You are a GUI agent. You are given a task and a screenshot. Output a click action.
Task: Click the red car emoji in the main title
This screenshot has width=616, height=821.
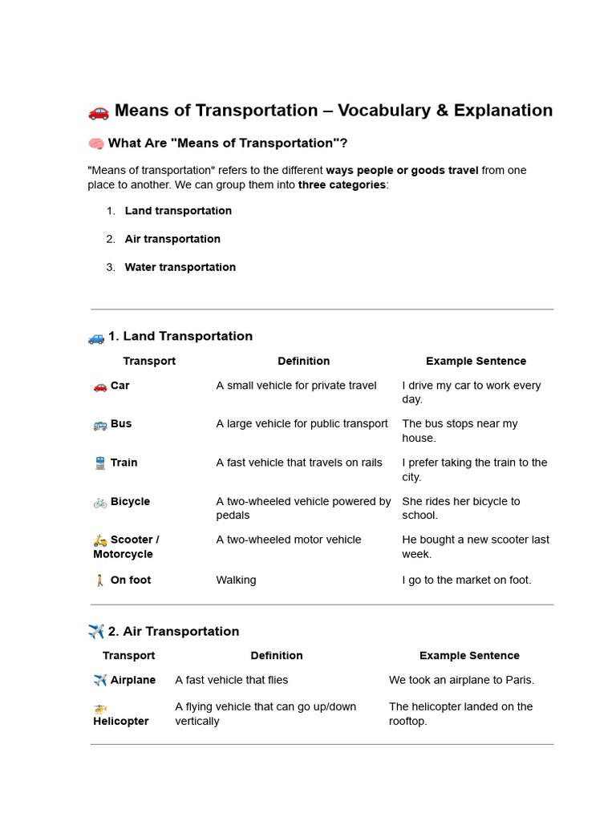98,111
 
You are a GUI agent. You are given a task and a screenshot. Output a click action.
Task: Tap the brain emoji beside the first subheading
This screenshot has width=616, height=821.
95,144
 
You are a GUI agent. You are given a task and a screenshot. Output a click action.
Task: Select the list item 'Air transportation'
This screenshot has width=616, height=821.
172,239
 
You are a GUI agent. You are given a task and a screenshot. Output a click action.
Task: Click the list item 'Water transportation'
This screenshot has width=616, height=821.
180,267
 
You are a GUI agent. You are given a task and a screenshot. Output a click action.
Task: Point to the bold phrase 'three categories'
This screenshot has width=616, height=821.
342,184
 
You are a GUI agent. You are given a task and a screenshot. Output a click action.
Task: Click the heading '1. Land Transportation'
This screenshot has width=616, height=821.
180,336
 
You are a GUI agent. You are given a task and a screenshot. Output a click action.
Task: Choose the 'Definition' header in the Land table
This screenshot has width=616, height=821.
303,361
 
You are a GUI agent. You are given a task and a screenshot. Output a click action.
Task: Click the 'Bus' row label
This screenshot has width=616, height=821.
121,423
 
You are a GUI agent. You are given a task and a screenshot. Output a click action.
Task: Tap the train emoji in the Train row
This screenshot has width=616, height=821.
99,463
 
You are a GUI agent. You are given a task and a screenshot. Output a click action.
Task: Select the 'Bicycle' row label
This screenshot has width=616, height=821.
130,501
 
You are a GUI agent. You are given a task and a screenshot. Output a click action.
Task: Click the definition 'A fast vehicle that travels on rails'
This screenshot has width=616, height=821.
299,462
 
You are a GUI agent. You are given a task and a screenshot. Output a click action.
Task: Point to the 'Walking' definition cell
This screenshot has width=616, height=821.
236,580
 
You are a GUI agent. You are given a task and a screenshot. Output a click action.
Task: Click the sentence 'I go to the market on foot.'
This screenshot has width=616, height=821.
466,580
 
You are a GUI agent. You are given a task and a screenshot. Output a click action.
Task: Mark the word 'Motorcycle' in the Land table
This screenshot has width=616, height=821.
123,554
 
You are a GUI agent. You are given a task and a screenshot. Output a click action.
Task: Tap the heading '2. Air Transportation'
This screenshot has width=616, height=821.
173,631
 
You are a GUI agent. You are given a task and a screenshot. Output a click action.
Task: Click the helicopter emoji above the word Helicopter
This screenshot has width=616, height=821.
99,708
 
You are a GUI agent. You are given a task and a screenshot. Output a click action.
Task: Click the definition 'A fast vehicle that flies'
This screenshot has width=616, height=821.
231,680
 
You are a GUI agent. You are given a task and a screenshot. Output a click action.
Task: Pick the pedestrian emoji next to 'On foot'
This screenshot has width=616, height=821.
99,580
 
